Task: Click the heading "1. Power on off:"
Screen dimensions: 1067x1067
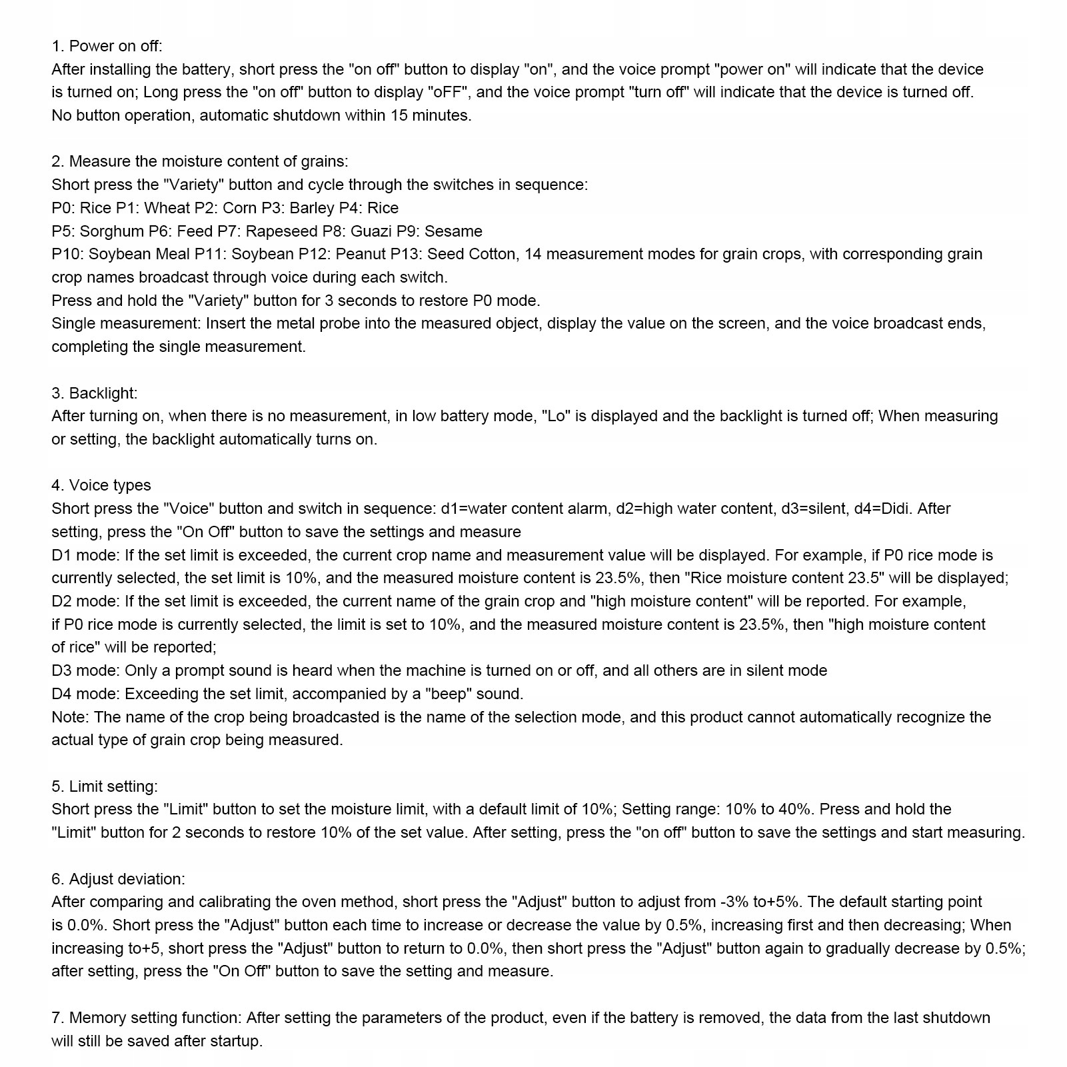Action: [107, 46]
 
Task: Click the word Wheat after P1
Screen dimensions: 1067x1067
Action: [167, 208]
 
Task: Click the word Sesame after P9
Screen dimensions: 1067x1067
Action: [453, 231]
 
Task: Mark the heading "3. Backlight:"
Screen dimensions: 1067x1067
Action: [95, 393]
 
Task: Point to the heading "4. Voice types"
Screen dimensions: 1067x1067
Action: [101, 485]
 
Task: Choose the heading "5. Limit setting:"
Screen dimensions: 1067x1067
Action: [105, 786]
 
